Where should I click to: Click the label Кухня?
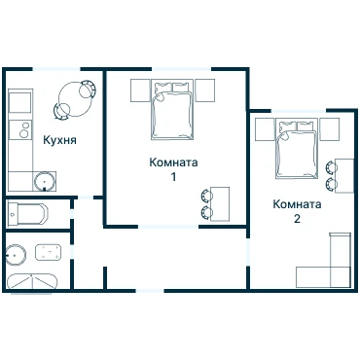[x=60, y=140]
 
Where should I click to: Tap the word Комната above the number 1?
[x=173, y=162]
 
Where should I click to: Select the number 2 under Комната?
[x=297, y=219]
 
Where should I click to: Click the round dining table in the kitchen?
[x=75, y=99]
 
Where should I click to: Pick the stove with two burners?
[x=20, y=129]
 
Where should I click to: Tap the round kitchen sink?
[x=45, y=181]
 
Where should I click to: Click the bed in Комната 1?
[x=172, y=110]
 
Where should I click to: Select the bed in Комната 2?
[x=297, y=149]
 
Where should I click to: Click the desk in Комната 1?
[x=220, y=204]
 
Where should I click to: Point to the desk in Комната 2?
[x=344, y=176]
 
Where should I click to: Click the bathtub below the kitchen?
[x=27, y=214]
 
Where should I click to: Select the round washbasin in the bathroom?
[x=16, y=254]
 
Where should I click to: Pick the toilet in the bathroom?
[x=48, y=252]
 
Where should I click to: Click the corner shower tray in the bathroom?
[x=31, y=282]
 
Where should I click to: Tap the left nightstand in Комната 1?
[x=140, y=90]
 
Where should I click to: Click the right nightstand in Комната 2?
[x=330, y=129]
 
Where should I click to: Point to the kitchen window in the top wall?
[x=56, y=69]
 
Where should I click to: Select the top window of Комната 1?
[x=182, y=69]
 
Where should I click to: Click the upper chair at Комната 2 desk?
[x=331, y=167]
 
